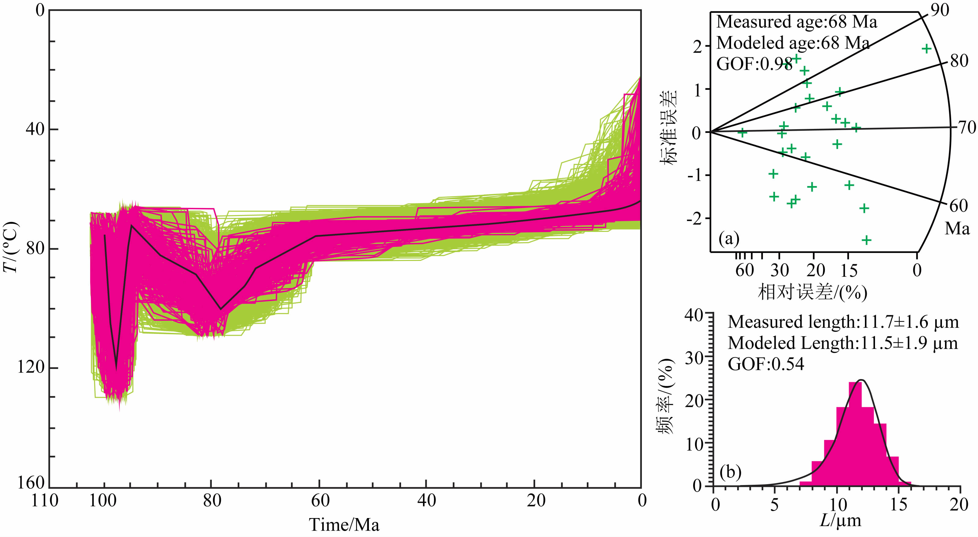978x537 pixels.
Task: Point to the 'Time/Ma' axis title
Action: [x=344, y=525]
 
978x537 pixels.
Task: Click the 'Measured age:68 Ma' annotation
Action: [x=796, y=22]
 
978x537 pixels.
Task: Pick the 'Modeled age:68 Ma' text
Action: [x=793, y=42]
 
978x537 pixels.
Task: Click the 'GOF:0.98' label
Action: [x=754, y=64]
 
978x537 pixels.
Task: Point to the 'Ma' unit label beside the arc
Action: [x=957, y=228]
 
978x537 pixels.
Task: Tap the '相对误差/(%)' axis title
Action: [x=812, y=292]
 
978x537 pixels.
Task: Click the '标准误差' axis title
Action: [x=668, y=127]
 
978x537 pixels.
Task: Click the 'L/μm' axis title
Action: [x=840, y=521]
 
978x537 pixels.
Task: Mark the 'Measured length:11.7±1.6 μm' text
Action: [x=843, y=322]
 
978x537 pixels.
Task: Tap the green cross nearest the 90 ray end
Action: [x=927, y=49]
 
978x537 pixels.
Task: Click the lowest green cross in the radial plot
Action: [x=866, y=240]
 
